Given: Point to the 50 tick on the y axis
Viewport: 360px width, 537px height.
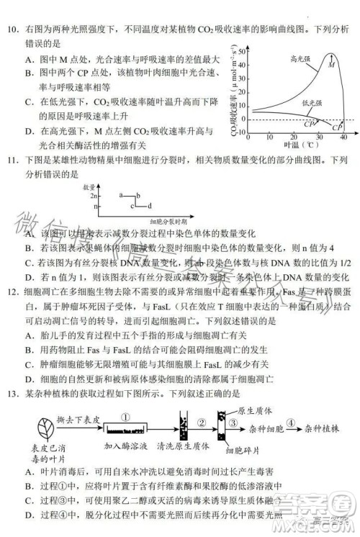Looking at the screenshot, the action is click(x=246, y=48).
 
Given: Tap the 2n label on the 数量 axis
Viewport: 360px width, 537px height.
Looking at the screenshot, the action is click(x=93, y=195).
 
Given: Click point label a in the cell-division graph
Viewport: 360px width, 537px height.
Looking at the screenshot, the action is click(x=122, y=194).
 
